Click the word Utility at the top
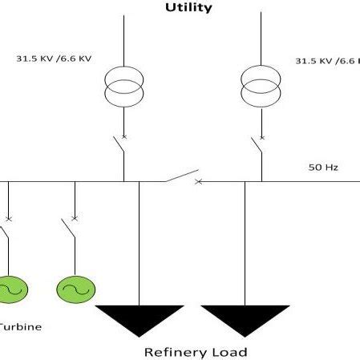(188, 7)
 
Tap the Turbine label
(20, 326)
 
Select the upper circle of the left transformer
(124, 78)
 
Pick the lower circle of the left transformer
(124, 94)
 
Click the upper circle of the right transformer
(261, 78)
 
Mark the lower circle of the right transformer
(261, 94)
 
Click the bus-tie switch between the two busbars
(182, 176)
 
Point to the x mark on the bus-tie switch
(199, 181)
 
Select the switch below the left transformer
(119, 147)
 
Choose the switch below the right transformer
(257, 147)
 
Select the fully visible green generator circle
(75, 288)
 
